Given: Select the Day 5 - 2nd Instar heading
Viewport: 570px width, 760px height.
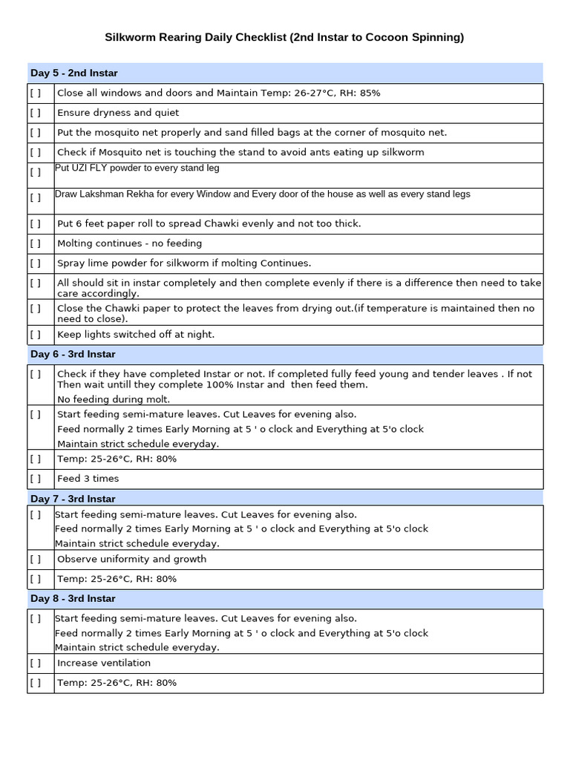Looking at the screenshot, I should [73, 73].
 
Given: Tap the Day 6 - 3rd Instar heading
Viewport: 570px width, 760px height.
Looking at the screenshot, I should [73, 354].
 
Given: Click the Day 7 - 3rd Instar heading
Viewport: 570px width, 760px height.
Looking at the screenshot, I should [73, 499].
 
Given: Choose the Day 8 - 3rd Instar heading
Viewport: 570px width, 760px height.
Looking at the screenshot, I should [73, 598].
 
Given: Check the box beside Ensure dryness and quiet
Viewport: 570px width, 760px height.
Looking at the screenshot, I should [36, 113].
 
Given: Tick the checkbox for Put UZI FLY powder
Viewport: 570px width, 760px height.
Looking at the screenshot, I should [36, 172].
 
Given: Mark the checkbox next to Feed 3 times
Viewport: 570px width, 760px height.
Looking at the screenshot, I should [36, 479].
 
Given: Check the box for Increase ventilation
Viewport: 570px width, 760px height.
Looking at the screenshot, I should [36, 663].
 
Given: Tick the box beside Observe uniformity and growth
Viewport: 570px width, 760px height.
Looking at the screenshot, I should [36, 559].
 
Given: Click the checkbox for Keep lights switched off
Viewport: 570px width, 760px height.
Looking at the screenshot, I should [36, 335].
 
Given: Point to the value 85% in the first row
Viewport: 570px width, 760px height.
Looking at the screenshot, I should [369, 94].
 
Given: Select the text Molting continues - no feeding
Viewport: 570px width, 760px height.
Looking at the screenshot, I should [129, 243].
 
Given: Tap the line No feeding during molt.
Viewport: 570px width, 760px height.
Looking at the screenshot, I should [114, 399].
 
